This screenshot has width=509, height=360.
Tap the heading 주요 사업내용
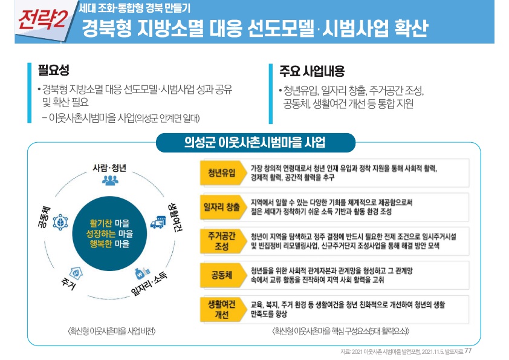pos(311,71)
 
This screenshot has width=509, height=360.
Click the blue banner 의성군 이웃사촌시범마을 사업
pos(254,143)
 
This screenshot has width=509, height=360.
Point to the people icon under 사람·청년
pos(111,180)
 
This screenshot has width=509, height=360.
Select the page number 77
pos(468,351)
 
